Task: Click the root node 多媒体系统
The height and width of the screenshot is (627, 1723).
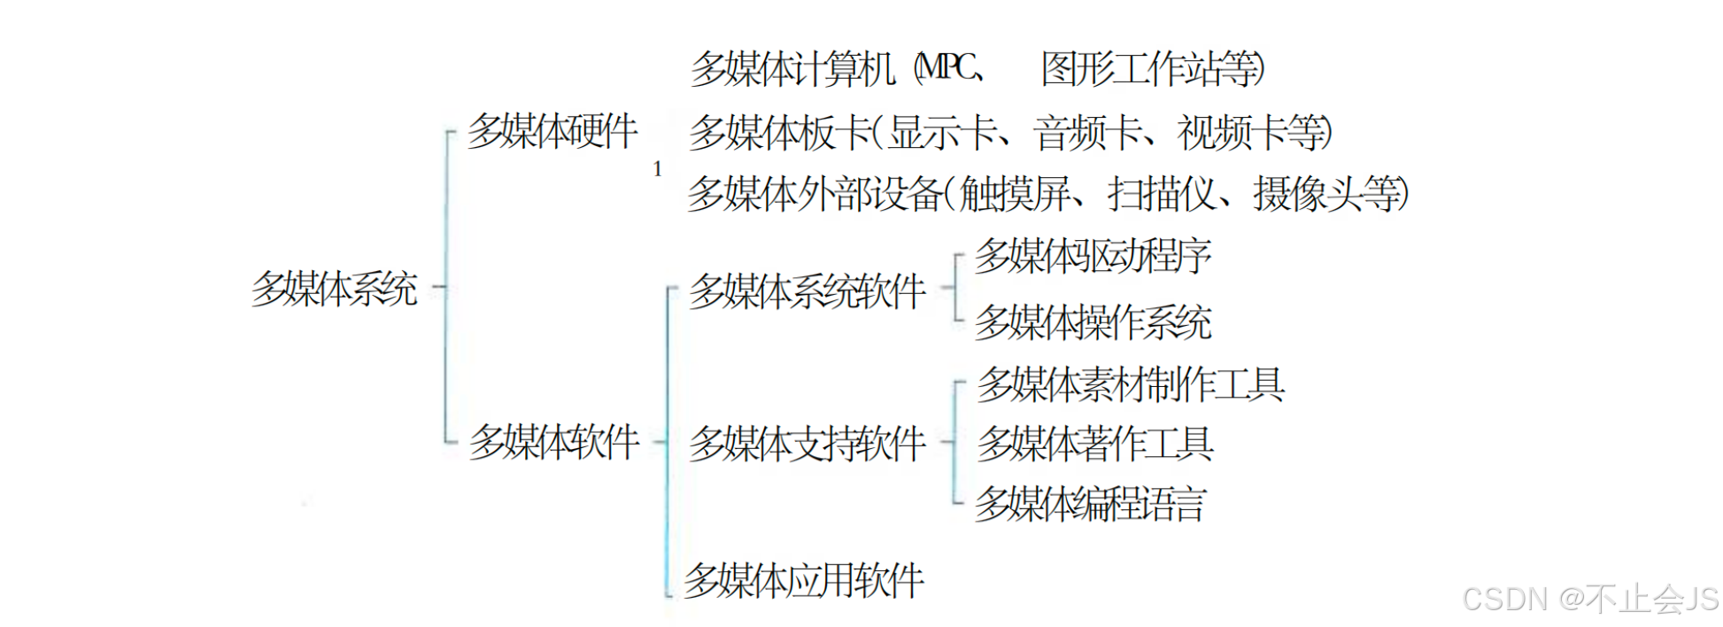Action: (334, 289)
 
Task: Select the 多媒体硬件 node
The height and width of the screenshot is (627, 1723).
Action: (552, 132)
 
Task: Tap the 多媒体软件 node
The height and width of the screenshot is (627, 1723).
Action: (554, 441)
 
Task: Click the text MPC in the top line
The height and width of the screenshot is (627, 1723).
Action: (948, 67)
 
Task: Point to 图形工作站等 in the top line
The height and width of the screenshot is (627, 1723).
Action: (1150, 68)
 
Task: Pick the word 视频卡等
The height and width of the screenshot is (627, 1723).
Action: (1252, 133)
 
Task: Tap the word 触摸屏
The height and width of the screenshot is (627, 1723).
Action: (1015, 194)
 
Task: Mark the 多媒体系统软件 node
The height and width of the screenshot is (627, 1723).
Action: (807, 291)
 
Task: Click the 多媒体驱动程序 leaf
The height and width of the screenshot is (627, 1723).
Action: (1093, 256)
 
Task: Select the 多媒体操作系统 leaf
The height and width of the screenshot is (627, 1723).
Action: (1093, 321)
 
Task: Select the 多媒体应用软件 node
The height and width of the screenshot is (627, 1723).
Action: (804, 581)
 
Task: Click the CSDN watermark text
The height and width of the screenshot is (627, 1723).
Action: (1589, 600)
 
